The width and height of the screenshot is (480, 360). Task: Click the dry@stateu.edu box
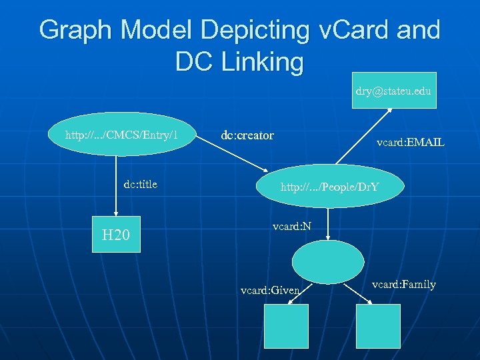click(393, 90)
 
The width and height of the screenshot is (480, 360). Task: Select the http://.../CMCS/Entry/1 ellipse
click(121, 136)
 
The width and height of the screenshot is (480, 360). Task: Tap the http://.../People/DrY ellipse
click(329, 187)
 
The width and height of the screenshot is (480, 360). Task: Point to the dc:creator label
click(247, 135)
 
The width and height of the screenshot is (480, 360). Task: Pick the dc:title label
click(141, 184)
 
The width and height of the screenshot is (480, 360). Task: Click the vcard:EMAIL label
click(410, 142)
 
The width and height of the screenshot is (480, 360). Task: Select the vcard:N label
click(292, 227)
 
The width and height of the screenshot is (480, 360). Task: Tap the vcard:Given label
click(270, 290)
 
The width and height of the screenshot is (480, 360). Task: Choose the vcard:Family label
click(404, 285)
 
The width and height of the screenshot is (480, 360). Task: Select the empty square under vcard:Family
click(378, 326)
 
